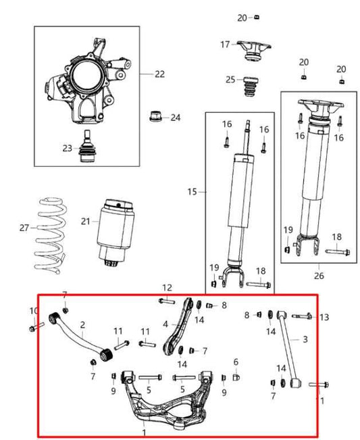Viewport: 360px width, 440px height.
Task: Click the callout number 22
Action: click(159, 74)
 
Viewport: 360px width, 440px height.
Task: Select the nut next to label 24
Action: click(154, 118)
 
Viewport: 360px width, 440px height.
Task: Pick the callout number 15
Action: click(192, 192)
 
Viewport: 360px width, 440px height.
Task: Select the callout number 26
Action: click(319, 275)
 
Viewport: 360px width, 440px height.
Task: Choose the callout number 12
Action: click(167, 287)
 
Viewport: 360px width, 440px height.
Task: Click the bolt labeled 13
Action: click(303, 316)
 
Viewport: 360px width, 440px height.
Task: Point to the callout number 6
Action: click(236, 362)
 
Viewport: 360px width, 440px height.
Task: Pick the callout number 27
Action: click(25, 228)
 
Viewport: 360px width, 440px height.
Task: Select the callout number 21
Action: click(84, 221)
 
